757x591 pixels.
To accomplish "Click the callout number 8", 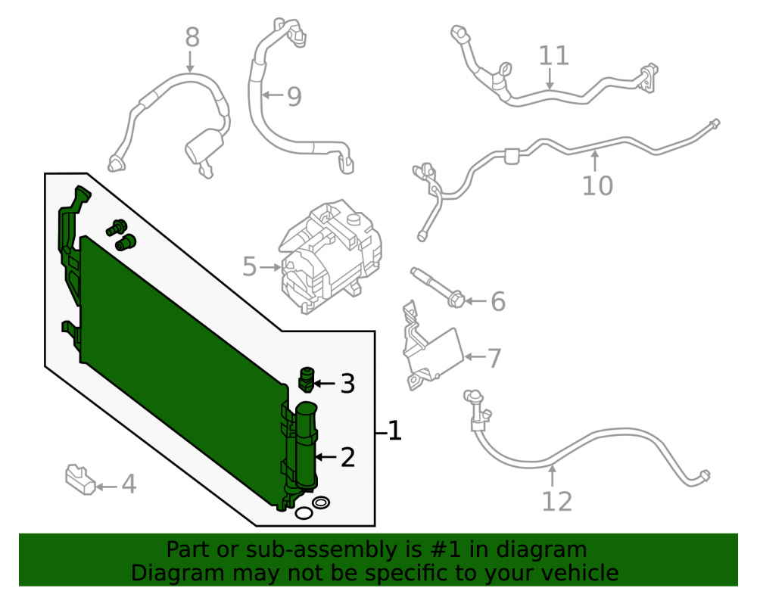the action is pyautogui.click(x=192, y=37).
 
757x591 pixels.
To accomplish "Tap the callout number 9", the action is pyautogui.click(x=294, y=97).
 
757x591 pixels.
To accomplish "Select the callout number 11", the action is pyautogui.click(x=554, y=55).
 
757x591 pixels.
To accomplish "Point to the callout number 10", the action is pyautogui.click(x=598, y=185).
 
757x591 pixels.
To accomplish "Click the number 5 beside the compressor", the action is pyautogui.click(x=249, y=267).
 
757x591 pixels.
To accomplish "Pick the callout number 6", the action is pyautogui.click(x=498, y=301).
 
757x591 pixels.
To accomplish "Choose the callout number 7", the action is pyautogui.click(x=494, y=359).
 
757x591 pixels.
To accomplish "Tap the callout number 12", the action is pyautogui.click(x=556, y=502).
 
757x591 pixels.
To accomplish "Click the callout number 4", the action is pyautogui.click(x=129, y=484).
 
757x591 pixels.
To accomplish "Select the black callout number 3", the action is pyautogui.click(x=347, y=384).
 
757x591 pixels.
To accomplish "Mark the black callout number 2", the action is pyautogui.click(x=347, y=457).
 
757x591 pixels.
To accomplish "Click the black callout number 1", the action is pyautogui.click(x=395, y=431).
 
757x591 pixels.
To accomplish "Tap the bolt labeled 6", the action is pyautogui.click(x=438, y=288).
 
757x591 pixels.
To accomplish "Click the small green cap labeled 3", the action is pyautogui.click(x=306, y=379).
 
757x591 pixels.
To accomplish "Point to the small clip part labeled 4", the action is pyautogui.click(x=80, y=479).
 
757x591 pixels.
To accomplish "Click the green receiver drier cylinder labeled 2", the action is pyautogui.click(x=306, y=446).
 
